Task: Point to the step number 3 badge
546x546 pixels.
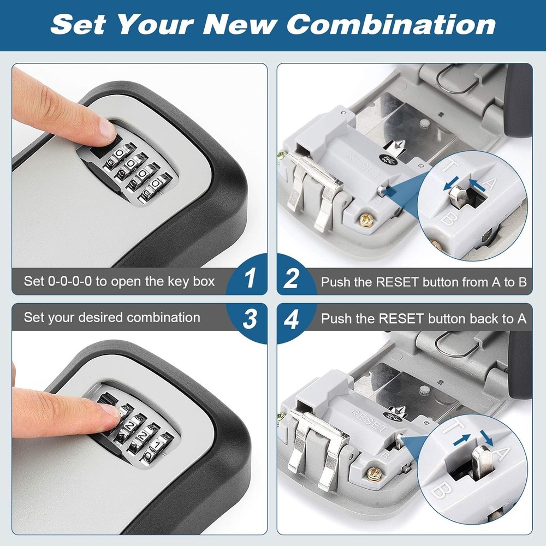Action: click(250, 319)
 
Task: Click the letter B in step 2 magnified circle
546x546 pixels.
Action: click(445, 219)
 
